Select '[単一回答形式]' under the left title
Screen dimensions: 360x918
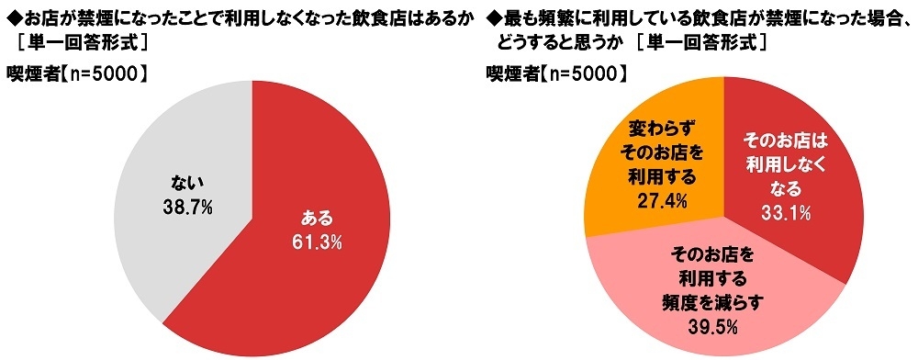[x=77, y=41]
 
